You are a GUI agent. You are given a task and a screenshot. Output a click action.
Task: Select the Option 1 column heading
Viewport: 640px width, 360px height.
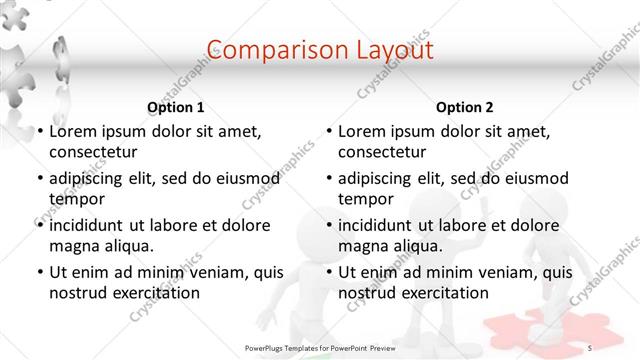click(176, 107)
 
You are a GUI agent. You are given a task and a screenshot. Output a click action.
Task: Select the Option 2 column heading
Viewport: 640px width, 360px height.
click(465, 107)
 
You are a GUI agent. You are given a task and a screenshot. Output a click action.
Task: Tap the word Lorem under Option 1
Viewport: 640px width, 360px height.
click(72, 131)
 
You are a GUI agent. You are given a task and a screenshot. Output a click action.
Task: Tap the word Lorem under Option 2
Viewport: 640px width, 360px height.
click(362, 131)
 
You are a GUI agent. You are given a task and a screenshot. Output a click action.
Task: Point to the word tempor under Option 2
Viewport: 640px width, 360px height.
click(366, 199)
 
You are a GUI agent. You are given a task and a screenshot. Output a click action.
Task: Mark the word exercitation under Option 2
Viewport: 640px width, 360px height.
click(445, 293)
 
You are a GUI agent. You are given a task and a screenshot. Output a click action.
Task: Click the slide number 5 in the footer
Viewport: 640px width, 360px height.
click(590, 347)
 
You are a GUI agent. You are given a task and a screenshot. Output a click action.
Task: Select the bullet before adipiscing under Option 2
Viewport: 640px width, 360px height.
click(328, 179)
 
